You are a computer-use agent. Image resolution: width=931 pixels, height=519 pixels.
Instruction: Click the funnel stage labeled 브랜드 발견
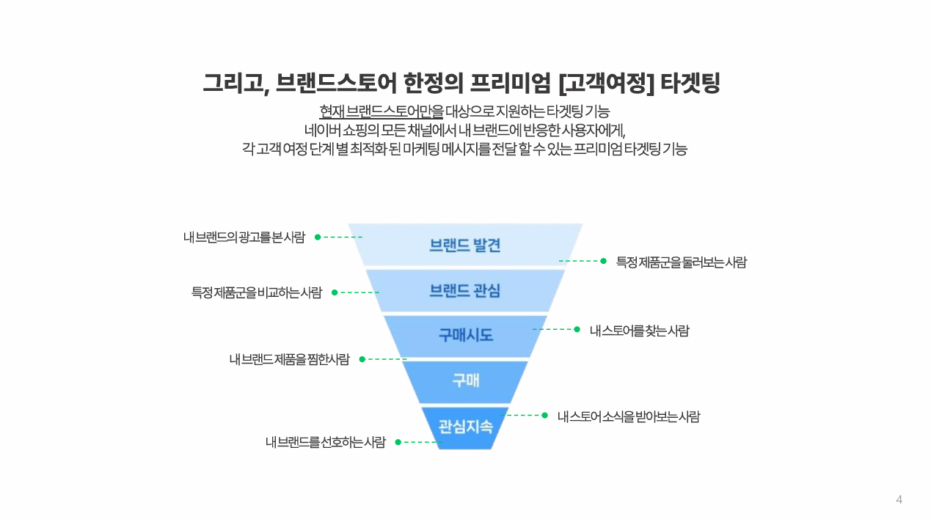465,245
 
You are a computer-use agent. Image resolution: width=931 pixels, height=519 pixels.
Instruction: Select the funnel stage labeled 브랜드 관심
465,290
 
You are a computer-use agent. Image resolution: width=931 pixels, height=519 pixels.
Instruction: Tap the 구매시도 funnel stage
465,336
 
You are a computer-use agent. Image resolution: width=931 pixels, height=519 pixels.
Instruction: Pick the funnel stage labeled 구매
465,380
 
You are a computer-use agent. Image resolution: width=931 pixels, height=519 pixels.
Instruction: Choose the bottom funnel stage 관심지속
465,427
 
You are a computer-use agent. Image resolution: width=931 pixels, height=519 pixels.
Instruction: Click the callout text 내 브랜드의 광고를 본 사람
244,237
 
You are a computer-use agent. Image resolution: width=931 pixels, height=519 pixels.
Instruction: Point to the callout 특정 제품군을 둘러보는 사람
682,262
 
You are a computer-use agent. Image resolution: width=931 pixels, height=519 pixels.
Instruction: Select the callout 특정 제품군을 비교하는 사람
257,292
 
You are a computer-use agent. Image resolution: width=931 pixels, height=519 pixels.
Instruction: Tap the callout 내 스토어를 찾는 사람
639,331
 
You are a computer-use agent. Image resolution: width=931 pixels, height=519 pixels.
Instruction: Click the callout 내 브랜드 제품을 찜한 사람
289,359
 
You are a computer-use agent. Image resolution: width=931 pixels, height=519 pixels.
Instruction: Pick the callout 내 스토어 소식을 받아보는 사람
629,416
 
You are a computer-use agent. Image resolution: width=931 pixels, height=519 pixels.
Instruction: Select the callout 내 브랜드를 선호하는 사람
326,442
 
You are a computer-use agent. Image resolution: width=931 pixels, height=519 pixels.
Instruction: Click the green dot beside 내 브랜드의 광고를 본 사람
318,237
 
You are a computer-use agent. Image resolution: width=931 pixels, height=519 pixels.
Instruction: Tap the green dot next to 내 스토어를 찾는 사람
577,329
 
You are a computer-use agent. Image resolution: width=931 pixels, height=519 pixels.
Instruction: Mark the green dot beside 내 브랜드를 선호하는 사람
398,442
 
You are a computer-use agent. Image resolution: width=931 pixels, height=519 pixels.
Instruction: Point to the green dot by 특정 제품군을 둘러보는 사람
603,261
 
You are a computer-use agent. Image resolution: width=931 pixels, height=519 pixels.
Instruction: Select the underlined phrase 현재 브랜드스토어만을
381,111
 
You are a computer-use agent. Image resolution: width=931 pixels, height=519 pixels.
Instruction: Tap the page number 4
899,499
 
